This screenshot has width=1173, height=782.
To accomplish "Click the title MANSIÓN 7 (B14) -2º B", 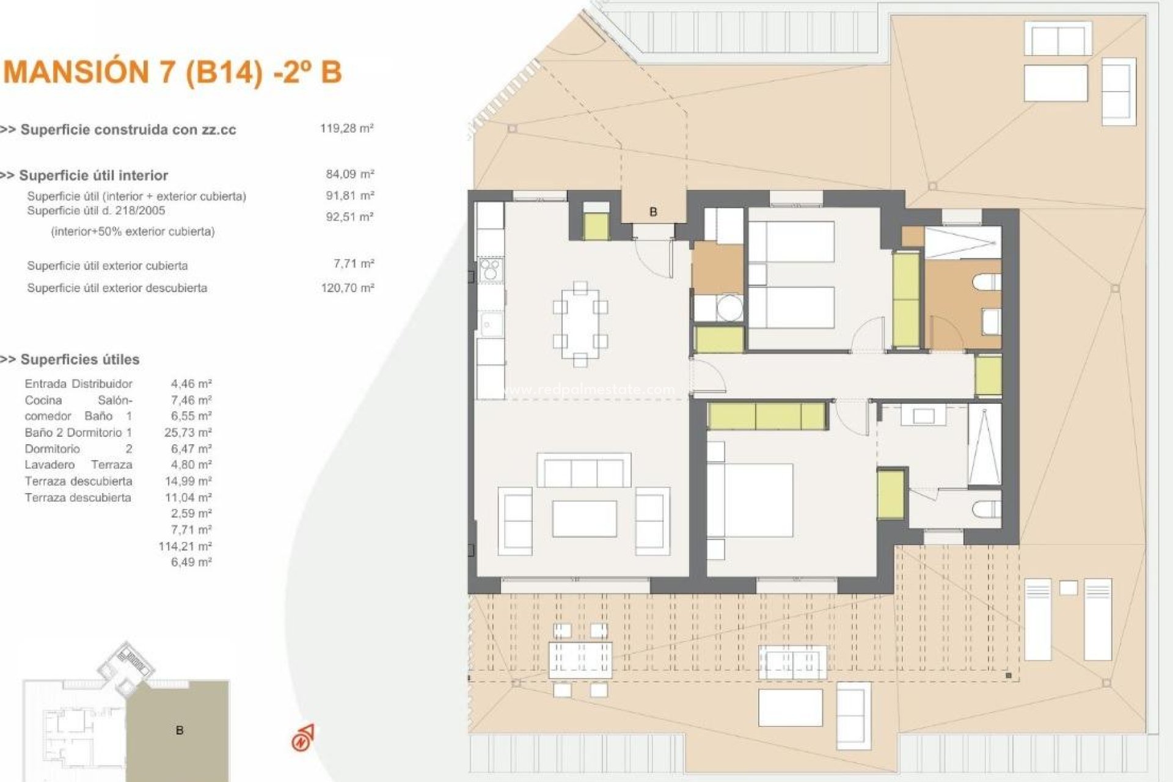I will tap(173, 72).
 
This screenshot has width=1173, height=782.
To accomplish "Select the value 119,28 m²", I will tap(346, 129).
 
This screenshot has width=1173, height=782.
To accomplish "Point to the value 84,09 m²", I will tap(349, 175).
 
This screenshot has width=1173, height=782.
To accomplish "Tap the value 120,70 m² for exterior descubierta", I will tap(347, 288).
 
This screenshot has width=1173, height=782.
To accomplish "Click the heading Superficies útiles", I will tap(79, 360).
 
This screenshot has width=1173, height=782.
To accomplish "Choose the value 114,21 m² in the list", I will tap(185, 546).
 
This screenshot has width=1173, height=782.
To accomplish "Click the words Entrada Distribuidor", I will tap(78, 384).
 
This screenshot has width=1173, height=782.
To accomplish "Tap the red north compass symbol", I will tap(302, 738).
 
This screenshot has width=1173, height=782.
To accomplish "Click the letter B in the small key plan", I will tap(180, 731).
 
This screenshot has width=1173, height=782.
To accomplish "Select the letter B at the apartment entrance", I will tap(653, 212).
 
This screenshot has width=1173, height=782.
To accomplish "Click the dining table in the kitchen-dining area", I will tap(580, 324).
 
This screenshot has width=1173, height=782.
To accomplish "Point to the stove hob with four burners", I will tap(490, 269).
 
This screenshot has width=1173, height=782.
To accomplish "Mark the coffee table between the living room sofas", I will tap(584, 519).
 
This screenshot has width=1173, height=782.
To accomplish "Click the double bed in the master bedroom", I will tap(750, 500).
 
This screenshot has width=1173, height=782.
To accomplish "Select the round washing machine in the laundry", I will tap(729, 307).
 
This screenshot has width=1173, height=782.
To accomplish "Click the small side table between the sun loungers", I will tap(1069, 588).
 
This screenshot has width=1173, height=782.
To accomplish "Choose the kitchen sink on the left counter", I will tap(491, 324).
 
